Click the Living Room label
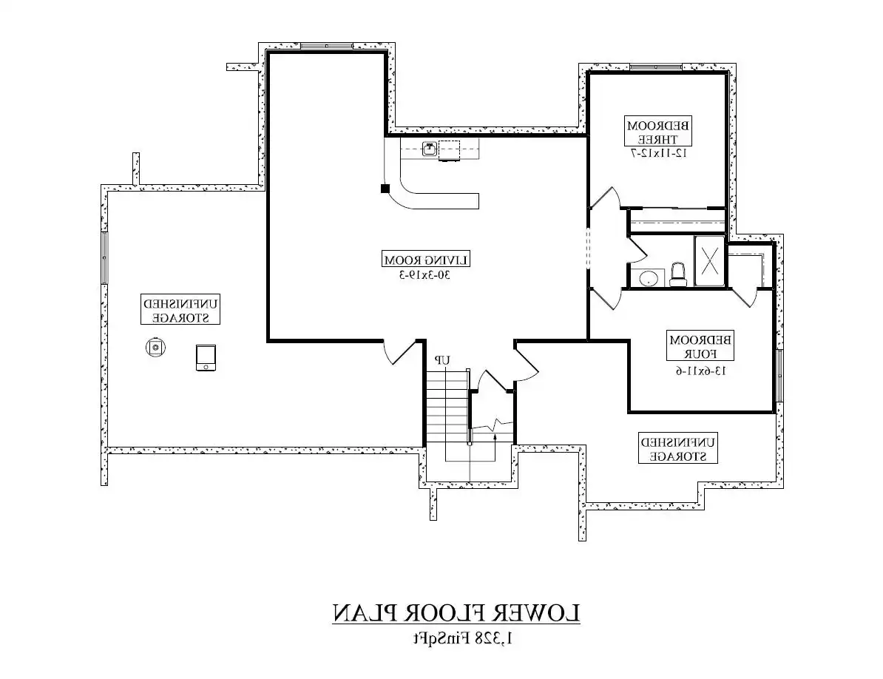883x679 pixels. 426,260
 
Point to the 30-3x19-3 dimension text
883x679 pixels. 426,275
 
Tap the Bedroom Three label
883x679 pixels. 658,131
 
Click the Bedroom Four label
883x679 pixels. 700,346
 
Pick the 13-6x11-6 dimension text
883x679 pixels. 700,371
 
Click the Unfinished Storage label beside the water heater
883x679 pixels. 180,310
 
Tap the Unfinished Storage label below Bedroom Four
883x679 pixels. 678,448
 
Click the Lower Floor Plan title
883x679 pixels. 456,613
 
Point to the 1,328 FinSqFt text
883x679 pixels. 463,638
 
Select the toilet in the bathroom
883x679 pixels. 678,274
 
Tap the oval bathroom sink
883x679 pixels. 648,278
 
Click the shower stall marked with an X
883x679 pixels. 709,261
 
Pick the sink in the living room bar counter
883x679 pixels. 430,149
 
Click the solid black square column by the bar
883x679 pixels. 385,189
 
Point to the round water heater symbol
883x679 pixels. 155,348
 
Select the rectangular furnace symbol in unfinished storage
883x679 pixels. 206,358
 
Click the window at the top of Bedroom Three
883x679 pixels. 655,67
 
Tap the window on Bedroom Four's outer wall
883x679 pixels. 779,376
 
